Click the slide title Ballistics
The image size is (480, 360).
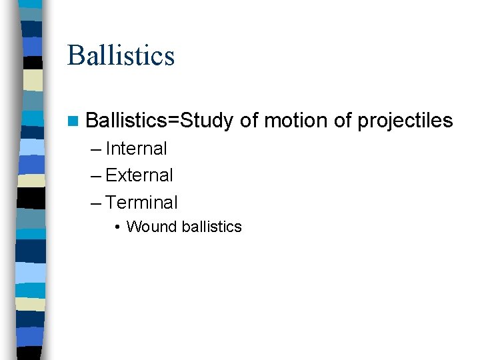point(121,55)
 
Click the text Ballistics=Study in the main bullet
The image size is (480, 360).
point(159,121)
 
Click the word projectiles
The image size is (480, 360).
point(405,121)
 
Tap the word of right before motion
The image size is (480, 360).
point(249,121)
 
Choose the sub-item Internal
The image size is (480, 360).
point(136,149)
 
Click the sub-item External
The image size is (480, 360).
point(139,175)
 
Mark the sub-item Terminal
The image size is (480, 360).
point(141,202)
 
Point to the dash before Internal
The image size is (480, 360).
point(96,149)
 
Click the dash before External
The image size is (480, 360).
point(96,175)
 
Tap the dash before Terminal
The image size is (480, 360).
point(96,202)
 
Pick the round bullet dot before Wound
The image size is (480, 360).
point(117,227)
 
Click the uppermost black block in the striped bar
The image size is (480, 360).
point(33,63)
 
